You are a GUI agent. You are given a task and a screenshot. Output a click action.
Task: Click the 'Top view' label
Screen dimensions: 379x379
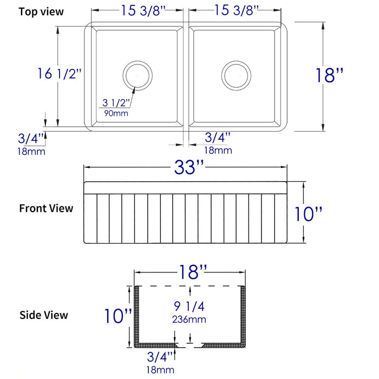[x=41, y=11]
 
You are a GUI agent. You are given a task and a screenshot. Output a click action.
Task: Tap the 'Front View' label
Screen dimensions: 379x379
[x=46, y=208]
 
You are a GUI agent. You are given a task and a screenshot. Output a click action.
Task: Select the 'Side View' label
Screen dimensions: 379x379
[x=44, y=315]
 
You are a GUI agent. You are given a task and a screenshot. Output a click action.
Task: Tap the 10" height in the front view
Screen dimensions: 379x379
[x=308, y=214]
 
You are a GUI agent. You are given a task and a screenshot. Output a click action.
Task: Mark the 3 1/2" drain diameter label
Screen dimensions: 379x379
[x=115, y=103]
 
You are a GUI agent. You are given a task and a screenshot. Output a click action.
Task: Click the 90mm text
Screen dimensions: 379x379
[x=113, y=114]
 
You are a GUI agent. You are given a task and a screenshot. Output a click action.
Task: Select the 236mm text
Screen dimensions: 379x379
[x=190, y=319]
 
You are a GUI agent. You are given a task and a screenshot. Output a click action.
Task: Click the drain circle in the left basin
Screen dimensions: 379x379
[x=137, y=75]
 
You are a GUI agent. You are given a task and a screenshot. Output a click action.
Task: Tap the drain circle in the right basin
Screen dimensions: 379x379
[x=236, y=75]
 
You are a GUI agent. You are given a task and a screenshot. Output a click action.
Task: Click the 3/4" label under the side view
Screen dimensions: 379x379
[x=160, y=357]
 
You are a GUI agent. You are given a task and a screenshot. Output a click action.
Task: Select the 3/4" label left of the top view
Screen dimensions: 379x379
[x=31, y=139]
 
